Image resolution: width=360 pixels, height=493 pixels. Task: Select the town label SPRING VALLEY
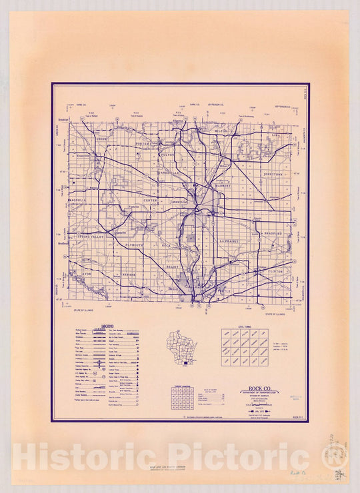[92, 237]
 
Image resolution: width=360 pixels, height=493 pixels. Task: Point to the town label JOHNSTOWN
[273, 175]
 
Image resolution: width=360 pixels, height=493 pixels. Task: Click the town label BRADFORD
[272, 234]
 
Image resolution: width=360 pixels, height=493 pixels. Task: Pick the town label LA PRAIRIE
[229, 240]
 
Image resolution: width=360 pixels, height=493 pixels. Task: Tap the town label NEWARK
[129, 274]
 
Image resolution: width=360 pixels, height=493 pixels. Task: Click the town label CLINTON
[276, 272]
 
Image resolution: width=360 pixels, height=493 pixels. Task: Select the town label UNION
[101, 139]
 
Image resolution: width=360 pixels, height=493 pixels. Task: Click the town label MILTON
[219, 131]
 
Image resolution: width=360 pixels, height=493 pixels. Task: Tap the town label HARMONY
[223, 186]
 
